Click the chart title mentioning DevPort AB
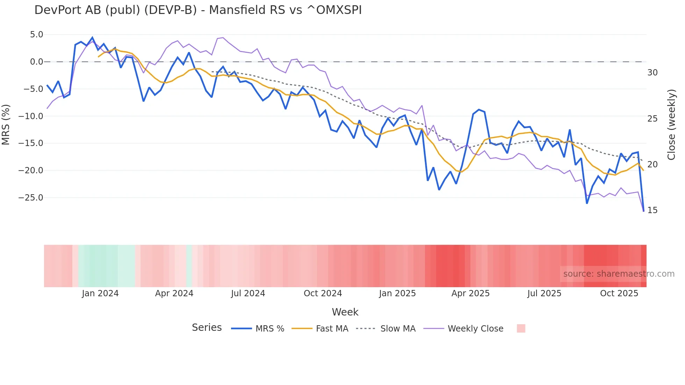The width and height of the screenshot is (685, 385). [198, 10]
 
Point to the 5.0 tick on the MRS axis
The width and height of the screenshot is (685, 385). [36, 35]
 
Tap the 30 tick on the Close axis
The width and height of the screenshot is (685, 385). [652, 73]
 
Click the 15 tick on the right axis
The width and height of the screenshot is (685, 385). [652, 210]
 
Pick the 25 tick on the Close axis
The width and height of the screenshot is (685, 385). [652, 119]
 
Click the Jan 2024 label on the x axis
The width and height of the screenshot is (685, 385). [100, 293]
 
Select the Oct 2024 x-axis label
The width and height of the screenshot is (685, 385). [323, 293]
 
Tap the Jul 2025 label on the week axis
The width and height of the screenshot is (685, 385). [544, 293]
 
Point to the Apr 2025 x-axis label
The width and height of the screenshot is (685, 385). [470, 293]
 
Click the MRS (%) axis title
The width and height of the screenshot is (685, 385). [6, 124]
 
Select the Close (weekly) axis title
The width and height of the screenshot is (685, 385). [671, 125]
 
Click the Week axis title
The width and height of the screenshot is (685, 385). [345, 312]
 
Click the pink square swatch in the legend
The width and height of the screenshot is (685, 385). [521, 328]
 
